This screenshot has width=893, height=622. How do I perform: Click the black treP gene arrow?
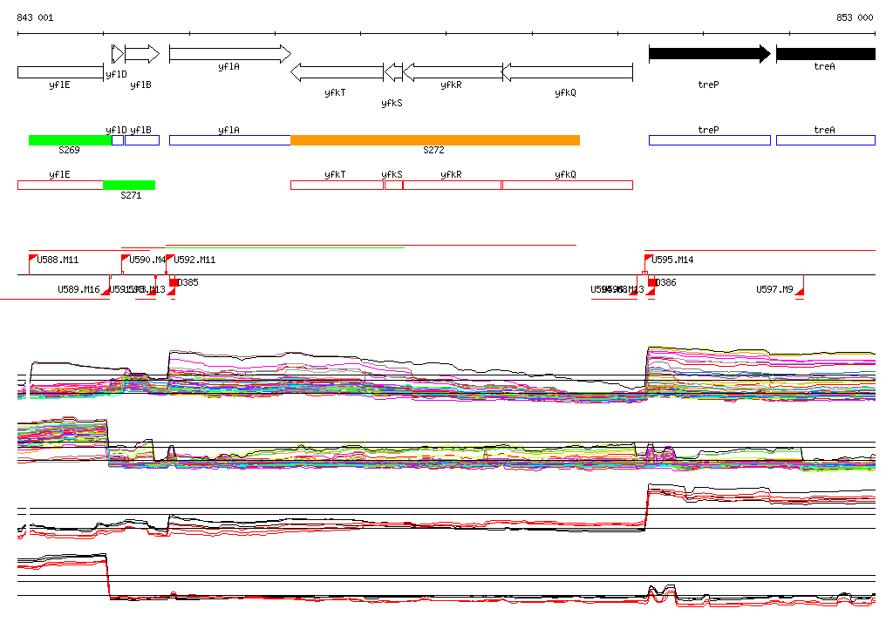(x=709, y=54)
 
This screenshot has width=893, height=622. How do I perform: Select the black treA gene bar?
(x=825, y=54)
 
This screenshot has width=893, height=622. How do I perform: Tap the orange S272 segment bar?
(x=434, y=140)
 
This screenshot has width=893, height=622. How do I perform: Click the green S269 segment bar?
(x=70, y=140)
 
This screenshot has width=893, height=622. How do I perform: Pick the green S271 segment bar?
(x=128, y=185)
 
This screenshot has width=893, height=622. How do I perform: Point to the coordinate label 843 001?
(x=35, y=17)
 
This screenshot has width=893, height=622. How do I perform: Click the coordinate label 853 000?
(x=855, y=17)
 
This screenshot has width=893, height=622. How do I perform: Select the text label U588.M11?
(x=58, y=260)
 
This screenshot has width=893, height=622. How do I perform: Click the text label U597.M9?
(x=774, y=289)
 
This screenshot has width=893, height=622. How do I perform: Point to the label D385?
(x=188, y=282)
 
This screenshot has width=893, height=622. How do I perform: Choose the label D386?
(x=665, y=282)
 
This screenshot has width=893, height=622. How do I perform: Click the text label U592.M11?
(x=194, y=260)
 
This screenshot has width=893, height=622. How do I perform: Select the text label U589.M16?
(x=78, y=289)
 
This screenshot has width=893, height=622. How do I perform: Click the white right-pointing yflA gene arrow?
(x=229, y=54)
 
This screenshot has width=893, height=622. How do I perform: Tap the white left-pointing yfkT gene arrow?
(x=337, y=72)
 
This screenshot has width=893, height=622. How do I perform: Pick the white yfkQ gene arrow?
(x=567, y=72)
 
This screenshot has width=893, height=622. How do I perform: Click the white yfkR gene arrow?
(x=452, y=72)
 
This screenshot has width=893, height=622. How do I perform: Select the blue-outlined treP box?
(x=709, y=140)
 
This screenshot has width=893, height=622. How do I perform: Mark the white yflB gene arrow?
(x=141, y=54)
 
